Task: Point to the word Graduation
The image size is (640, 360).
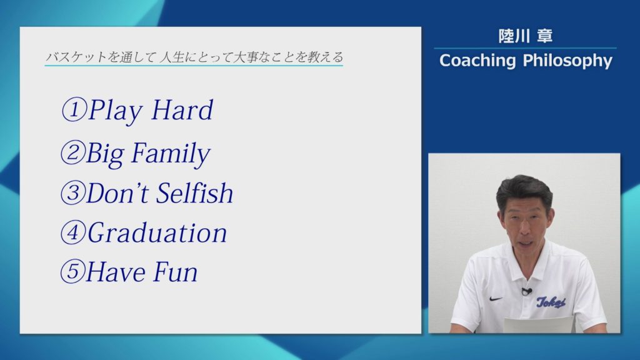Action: click(x=157, y=233)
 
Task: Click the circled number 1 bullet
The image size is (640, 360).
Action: click(x=73, y=111)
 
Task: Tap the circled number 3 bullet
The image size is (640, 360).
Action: click(x=72, y=194)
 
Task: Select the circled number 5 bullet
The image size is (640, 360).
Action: click(x=72, y=272)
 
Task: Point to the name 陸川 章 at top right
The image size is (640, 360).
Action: click(x=525, y=36)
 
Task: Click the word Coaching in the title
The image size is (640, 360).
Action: click(x=478, y=61)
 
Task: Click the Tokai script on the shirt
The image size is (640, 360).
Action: click(x=551, y=302)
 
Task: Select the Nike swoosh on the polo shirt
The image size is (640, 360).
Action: click(x=496, y=299)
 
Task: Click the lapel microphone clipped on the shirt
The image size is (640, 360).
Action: click(x=526, y=291)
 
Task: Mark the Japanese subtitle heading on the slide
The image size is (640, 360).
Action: click(x=194, y=57)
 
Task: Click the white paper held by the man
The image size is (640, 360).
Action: click(x=538, y=325)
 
